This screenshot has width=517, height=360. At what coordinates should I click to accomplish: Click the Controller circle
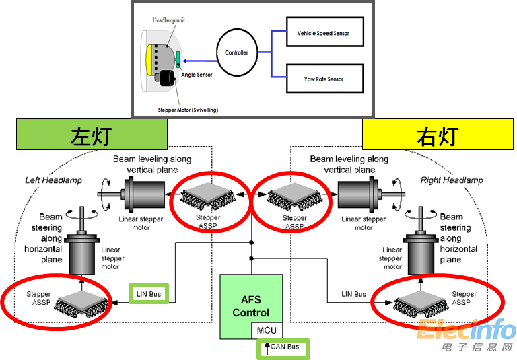pyautogui.click(x=236, y=52)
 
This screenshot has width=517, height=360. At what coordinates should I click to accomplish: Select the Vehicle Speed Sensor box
pyautogui.click(x=323, y=33)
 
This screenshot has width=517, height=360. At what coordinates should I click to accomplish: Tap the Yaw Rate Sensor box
pyautogui.click(x=323, y=79)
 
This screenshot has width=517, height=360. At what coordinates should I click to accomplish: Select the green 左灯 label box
pyautogui.click(x=91, y=135)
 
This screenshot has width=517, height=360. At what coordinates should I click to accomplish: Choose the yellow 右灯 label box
pyautogui.click(x=438, y=135)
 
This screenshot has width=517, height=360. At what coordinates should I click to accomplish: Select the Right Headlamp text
pyautogui.click(x=451, y=180)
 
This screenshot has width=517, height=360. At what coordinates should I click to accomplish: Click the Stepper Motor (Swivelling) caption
pyautogui.click(x=188, y=109)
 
